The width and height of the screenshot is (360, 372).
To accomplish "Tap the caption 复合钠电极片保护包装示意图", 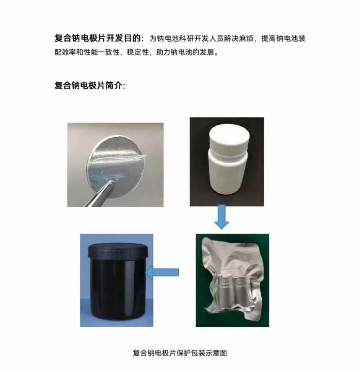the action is click(180, 353).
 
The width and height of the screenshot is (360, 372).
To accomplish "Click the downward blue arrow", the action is click(222, 217).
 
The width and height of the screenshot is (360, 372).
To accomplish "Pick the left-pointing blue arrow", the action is click(162, 272).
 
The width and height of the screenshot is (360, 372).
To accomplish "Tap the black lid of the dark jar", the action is click(118, 251).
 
